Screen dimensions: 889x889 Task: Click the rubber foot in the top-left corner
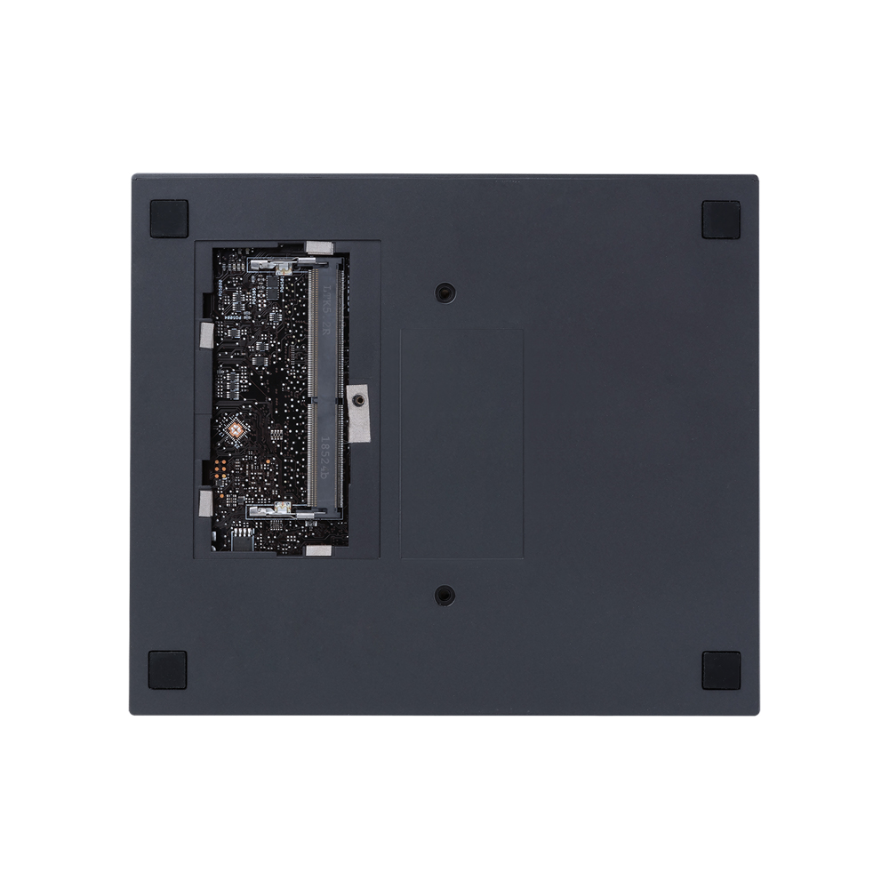(x=169, y=219)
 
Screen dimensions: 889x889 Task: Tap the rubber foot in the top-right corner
(x=721, y=219)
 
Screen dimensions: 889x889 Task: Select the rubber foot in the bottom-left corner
(x=167, y=669)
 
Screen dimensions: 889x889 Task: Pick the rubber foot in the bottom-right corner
(x=721, y=669)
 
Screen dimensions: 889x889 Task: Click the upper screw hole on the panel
(x=444, y=292)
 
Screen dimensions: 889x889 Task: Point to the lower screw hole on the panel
(x=444, y=595)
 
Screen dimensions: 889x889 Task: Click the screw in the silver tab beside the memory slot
(x=357, y=402)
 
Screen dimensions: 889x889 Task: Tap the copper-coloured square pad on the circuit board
(x=235, y=429)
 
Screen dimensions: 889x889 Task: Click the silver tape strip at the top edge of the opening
(x=318, y=247)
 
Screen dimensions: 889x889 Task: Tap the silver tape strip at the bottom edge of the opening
(x=317, y=551)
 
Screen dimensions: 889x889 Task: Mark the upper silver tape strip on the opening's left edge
(x=206, y=335)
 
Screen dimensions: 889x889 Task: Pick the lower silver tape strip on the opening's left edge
(x=206, y=503)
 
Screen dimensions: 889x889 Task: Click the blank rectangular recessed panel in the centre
(x=461, y=443)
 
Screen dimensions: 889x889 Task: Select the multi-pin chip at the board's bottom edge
(x=242, y=537)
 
